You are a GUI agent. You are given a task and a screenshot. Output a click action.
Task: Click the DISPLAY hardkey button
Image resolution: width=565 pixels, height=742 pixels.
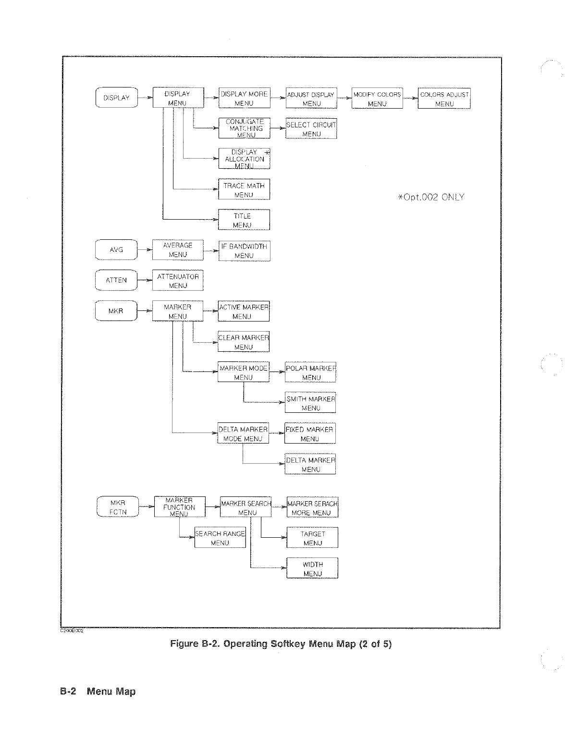coord(117,98)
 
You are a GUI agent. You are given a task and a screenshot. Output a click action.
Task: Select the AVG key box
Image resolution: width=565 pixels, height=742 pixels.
coord(116,250)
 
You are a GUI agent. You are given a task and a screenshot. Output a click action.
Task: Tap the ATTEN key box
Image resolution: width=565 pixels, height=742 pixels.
coord(116,280)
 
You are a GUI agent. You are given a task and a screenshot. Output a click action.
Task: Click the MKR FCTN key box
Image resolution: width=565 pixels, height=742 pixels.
coord(118,507)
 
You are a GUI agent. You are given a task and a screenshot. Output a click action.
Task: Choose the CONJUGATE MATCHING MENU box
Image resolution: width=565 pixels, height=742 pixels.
coord(244,128)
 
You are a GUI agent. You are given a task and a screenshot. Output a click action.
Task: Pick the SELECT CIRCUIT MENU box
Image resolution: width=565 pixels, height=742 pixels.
coord(311,129)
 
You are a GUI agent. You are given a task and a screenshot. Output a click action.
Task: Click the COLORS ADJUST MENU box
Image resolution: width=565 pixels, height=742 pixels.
coord(444,99)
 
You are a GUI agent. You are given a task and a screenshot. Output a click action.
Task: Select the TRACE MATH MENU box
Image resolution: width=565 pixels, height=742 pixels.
coord(244,190)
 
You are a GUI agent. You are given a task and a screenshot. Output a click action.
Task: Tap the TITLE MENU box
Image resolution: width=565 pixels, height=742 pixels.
coord(244,220)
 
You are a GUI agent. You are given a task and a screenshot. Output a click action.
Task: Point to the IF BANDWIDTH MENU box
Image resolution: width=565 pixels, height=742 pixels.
coord(244,251)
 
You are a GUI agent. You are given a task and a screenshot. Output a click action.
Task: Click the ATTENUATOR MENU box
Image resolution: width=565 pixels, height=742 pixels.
coord(178,281)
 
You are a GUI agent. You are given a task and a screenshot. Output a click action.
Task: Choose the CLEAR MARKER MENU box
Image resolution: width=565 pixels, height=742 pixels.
coord(244,342)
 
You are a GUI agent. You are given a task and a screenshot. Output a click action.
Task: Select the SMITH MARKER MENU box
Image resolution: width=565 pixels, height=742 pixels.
coord(310,403)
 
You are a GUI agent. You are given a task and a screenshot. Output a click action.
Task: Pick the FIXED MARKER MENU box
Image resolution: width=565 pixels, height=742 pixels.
coord(310,434)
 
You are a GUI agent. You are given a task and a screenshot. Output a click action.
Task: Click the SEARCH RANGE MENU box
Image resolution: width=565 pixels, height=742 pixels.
coord(220,538)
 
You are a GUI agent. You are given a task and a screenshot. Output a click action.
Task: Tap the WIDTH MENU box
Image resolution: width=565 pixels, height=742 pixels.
coord(313,569)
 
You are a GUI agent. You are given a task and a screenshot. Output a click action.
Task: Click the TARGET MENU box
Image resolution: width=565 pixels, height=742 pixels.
coord(313,538)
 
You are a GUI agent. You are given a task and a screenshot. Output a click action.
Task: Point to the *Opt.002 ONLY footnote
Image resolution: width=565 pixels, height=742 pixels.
coord(431,197)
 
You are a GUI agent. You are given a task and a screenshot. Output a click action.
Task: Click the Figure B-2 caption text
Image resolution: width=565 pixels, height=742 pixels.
coord(281,644)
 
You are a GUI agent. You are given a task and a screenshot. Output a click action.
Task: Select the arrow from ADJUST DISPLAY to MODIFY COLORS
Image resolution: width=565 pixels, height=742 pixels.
coord(344,98)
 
